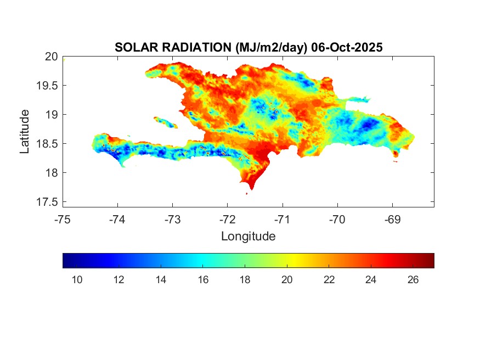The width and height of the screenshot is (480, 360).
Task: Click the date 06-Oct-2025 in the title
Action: tap(346, 48)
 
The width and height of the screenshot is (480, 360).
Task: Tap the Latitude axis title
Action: tap(25, 131)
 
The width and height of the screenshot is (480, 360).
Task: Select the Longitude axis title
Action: tap(248, 237)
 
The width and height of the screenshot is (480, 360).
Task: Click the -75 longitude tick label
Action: tap(63, 220)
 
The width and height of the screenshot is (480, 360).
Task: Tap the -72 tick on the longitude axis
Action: tap(228, 220)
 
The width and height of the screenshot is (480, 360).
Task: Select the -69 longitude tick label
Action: tap(393, 220)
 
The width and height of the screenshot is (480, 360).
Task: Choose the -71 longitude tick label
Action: tap(283, 220)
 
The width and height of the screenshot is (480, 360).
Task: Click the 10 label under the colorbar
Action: tap(77, 280)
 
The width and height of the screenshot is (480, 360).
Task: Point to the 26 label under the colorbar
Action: tap(413, 280)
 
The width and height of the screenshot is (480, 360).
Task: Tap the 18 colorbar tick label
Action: tap(245, 280)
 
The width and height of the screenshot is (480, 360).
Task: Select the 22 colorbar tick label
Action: tap(329, 280)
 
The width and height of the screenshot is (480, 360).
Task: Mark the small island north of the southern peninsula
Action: tap(166, 121)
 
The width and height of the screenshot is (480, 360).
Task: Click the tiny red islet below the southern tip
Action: tap(247, 193)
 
